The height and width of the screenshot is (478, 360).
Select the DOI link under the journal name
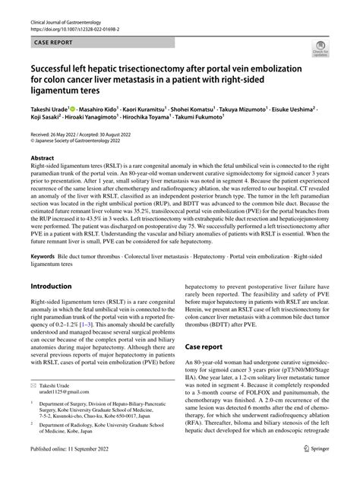(x=83, y=17)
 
